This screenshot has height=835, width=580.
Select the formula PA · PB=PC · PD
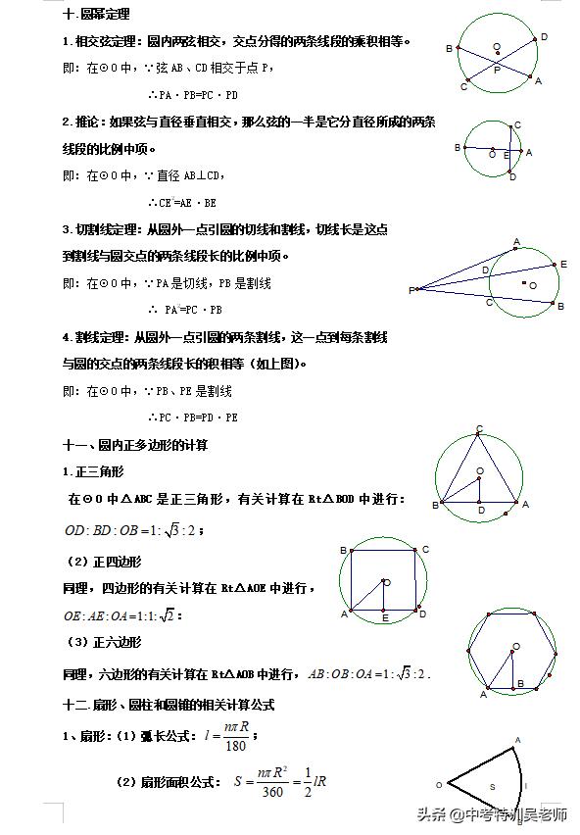click(x=192, y=95)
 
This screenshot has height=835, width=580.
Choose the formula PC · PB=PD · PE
click(x=192, y=417)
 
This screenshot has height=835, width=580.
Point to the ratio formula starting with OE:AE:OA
click(x=122, y=615)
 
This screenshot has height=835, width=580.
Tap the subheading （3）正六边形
click(x=103, y=643)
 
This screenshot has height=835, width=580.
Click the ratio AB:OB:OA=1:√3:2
click(x=368, y=674)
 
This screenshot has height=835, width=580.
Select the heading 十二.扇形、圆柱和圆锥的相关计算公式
click(x=168, y=704)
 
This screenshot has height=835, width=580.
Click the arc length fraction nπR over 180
click(x=232, y=738)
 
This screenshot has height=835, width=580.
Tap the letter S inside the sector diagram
click(x=493, y=786)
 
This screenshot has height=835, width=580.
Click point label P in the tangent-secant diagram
click(x=411, y=290)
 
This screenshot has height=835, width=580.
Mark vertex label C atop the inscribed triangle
click(x=479, y=428)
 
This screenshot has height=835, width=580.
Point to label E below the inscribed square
click(x=384, y=619)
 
